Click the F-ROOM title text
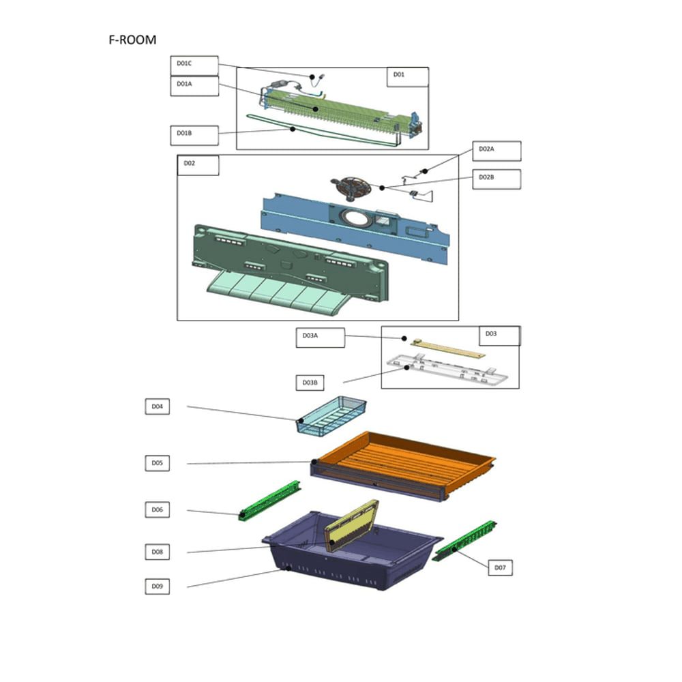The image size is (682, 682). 132,40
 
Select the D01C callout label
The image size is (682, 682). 194,65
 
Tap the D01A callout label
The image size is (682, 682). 194,86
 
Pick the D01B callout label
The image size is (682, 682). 194,136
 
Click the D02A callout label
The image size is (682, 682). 496,151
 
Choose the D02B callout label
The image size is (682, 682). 496,179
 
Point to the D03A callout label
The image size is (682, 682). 320,338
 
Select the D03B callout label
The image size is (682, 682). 310,383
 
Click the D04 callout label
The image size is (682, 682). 157,406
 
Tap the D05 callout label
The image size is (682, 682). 157,463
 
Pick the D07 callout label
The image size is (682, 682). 500,567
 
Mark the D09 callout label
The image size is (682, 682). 157,587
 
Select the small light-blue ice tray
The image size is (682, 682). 331,415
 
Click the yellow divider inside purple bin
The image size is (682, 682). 351,526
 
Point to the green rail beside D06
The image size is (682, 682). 269,500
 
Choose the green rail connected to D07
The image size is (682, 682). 464,541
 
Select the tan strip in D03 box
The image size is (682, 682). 447,349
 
